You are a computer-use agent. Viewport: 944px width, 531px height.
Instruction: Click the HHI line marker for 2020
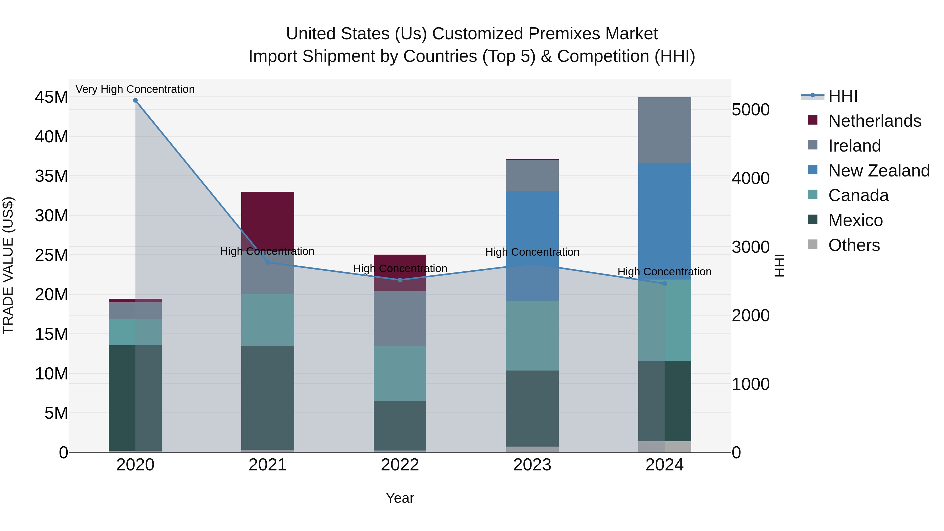[x=135, y=100]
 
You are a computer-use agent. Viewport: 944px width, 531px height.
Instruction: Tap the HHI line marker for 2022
[x=400, y=280]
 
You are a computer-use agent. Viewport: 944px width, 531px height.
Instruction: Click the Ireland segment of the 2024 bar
[x=664, y=130]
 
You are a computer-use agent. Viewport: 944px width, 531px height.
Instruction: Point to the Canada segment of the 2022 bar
[x=400, y=373]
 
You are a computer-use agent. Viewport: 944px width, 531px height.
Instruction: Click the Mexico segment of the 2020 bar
[x=135, y=398]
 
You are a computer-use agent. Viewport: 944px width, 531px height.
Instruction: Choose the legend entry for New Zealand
[x=878, y=171]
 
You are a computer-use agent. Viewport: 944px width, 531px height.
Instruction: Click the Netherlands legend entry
[x=874, y=121]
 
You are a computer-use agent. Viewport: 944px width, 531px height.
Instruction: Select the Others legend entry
[x=854, y=245]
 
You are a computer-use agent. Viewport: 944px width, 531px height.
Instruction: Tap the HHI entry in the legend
[x=843, y=96]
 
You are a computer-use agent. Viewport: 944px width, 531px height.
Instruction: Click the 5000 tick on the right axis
[x=750, y=110]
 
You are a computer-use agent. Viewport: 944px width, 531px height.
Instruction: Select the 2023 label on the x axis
[x=532, y=465]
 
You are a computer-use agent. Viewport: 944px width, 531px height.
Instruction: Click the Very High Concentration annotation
[x=135, y=89]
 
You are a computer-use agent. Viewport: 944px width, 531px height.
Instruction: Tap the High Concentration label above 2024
[x=664, y=272]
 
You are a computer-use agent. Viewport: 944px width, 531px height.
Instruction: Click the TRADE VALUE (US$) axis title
[x=8, y=265]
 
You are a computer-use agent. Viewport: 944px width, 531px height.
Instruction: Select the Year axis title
[x=400, y=498]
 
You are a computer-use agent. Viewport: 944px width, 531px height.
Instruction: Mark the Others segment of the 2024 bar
[x=664, y=447]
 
